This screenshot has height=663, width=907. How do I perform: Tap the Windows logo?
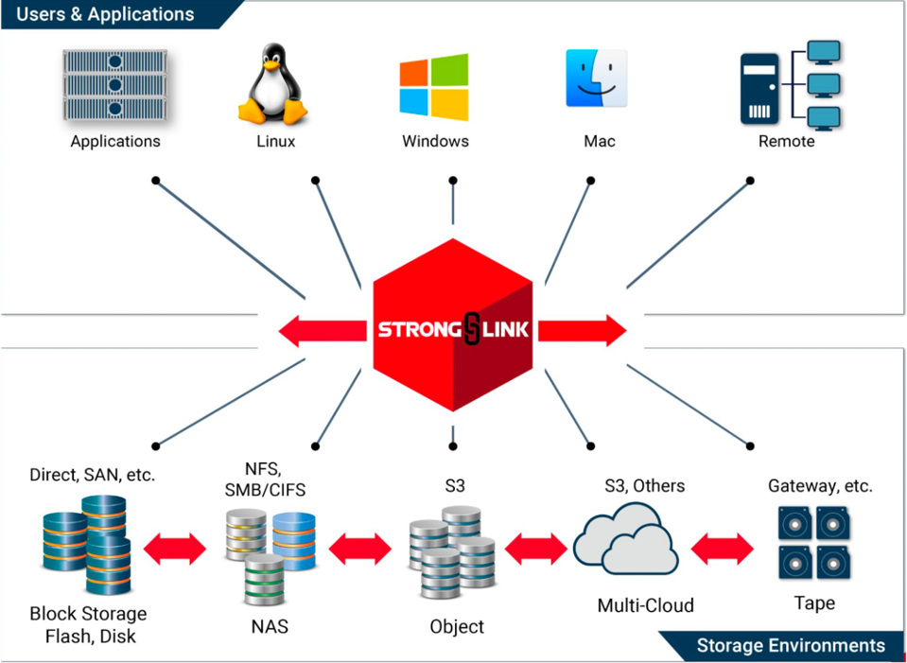tap(434, 88)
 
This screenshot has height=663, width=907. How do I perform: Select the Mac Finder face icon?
tap(597, 79)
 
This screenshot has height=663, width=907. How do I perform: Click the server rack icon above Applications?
tap(115, 85)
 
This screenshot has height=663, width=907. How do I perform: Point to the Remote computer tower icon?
tap(759, 89)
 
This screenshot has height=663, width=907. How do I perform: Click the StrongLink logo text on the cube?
tap(454, 330)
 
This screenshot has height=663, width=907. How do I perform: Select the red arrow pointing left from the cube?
tap(323, 330)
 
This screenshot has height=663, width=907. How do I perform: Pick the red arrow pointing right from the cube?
tap(583, 330)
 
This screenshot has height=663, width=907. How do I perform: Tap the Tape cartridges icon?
tap(814, 543)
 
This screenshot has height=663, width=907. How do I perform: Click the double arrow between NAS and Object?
tap(360, 548)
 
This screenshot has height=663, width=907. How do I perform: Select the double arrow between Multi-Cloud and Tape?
tap(723, 548)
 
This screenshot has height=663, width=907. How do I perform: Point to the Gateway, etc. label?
tap(820, 486)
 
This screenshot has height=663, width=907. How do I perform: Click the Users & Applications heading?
tap(106, 14)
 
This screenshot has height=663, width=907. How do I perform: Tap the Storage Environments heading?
tap(791, 646)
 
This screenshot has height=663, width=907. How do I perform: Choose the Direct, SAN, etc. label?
tap(92, 475)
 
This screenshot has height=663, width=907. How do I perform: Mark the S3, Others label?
tap(645, 486)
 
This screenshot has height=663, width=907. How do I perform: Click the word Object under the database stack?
tap(457, 626)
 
